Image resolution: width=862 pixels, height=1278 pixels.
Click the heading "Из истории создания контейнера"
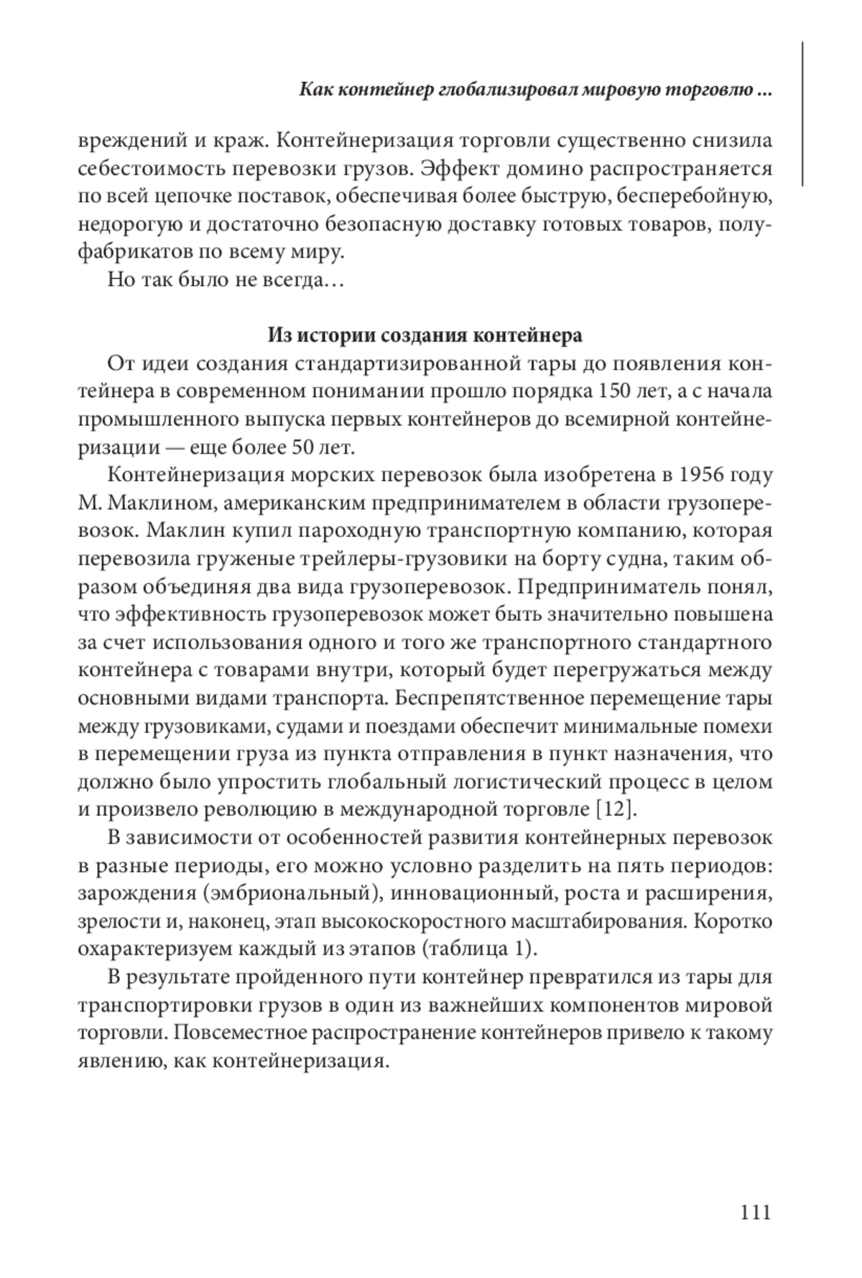point(425,335)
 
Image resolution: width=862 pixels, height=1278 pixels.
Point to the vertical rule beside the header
point(802,115)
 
